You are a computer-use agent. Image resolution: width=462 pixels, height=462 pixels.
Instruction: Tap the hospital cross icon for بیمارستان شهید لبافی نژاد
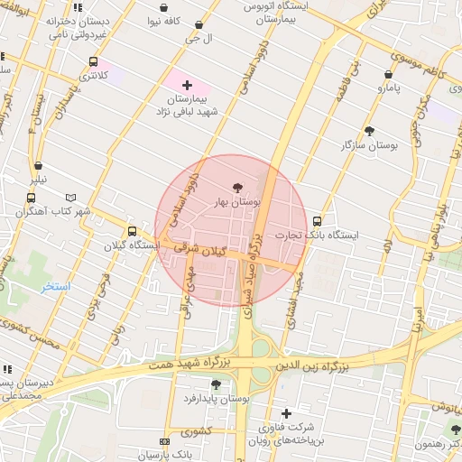coord(187,85)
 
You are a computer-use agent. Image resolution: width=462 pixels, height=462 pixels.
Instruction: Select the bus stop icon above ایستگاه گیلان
coord(133,231)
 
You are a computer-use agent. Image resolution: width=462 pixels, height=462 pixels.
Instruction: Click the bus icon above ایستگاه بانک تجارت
coord(317,221)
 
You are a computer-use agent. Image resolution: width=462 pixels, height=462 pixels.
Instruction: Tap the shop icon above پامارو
coord(388,75)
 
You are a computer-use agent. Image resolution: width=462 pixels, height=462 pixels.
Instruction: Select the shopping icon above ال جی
coord(199,24)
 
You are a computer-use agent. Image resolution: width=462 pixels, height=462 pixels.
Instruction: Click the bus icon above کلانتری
coord(94,62)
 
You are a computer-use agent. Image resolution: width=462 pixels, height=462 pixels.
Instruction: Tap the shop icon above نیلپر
coord(38,165)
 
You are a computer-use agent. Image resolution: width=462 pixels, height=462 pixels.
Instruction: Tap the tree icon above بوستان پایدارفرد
coord(215,383)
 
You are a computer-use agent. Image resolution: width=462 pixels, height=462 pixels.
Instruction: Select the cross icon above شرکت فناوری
coord(286,412)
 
